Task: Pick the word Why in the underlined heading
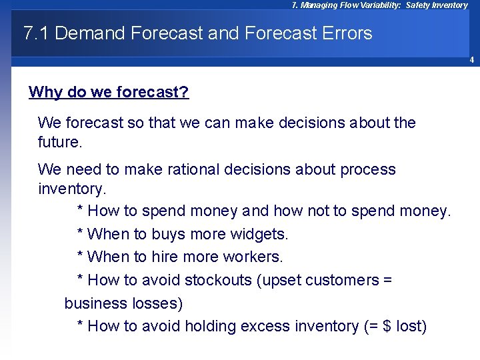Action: [45, 92]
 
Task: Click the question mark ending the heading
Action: [185, 92]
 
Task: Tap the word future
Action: [59, 142]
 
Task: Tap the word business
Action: [93, 303]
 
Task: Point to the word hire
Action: [174, 257]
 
